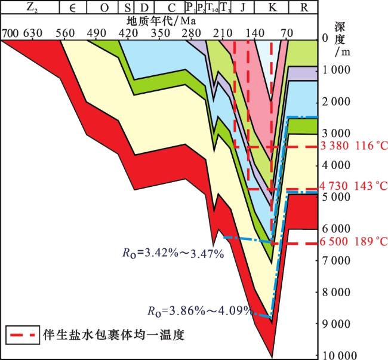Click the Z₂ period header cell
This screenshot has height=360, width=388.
click(x=30, y=7)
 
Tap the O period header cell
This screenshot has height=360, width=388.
click(x=104, y=7)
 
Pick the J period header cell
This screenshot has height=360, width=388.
click(x=242, y=7)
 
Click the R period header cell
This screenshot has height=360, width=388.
click(x=303, y=7)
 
